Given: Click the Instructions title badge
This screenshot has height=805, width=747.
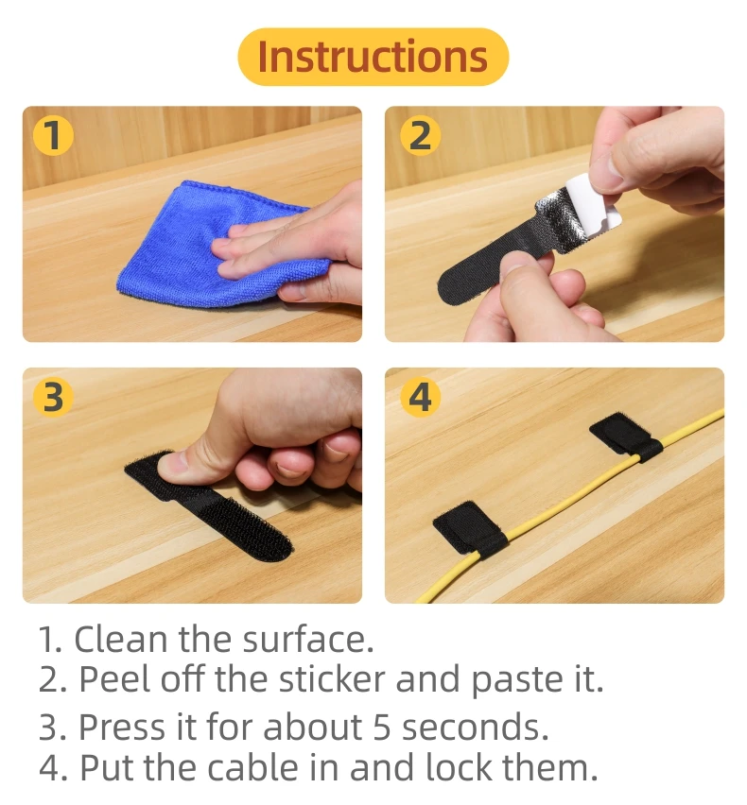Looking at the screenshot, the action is coord(373,57).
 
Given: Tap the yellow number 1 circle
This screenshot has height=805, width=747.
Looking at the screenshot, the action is coord(53,135).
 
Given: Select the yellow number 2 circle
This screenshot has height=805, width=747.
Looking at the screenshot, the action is coord(420,135).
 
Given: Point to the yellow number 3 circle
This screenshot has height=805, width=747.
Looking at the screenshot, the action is coord(53,398).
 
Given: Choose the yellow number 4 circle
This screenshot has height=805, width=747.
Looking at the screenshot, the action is coord(420,398).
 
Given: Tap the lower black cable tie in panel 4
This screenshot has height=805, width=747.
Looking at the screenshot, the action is coord(470,529).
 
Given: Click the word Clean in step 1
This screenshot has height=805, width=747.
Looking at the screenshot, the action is coord(121,639).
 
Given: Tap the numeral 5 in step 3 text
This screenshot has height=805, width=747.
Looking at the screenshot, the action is coord(382,727).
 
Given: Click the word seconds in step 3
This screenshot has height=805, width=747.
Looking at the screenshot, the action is coord(476,727).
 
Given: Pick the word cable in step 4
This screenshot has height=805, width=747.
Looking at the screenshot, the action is coord(253,767).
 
